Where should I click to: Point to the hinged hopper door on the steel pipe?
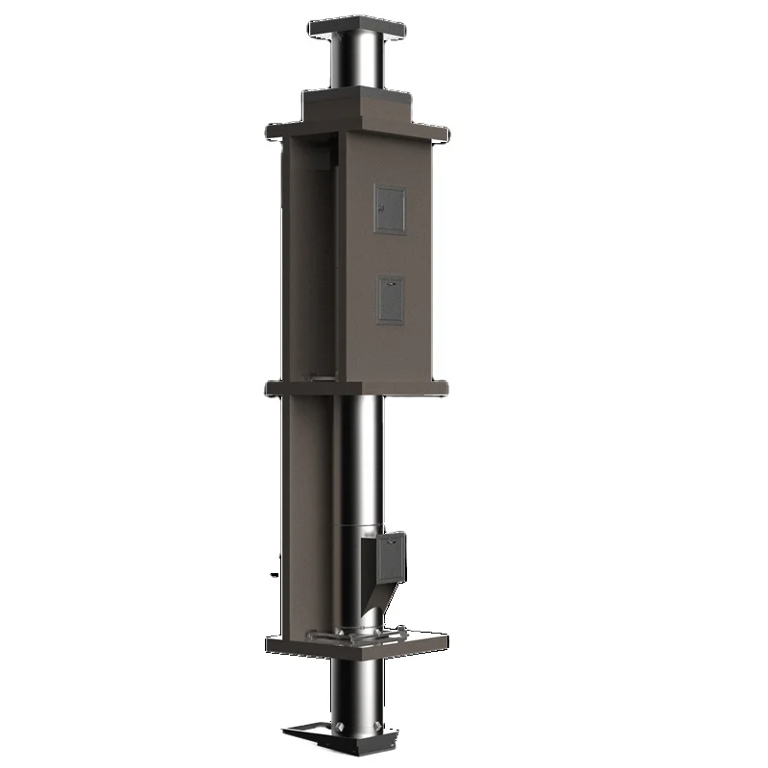point(385,557)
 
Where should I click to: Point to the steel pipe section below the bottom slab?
point(359,691)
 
